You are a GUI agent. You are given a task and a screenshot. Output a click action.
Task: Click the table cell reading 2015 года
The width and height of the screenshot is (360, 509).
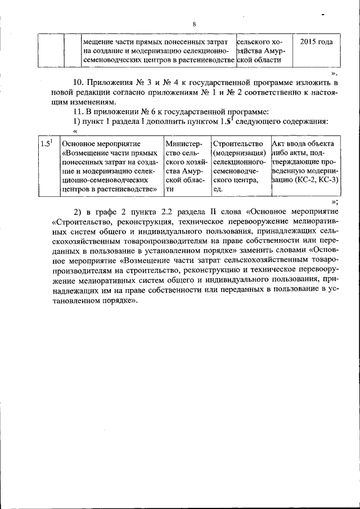pos(316,42)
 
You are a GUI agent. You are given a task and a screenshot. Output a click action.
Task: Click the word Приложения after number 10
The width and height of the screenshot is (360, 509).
pos(116,83)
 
